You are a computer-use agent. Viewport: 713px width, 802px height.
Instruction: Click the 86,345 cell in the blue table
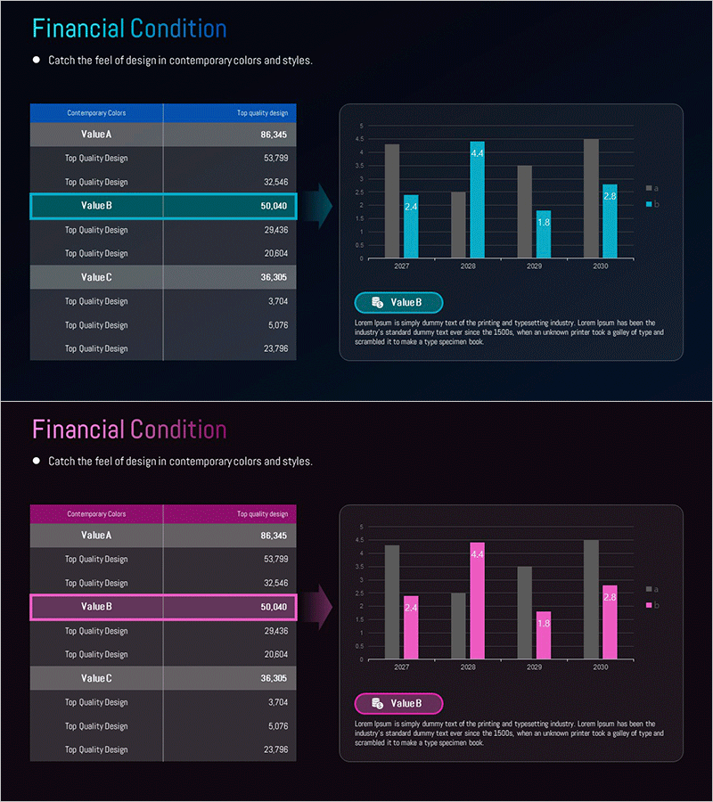click(274, 135)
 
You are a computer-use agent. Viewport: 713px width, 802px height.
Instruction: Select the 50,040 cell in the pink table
click(274, 607)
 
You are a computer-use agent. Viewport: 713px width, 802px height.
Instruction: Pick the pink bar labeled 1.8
click(543, 635)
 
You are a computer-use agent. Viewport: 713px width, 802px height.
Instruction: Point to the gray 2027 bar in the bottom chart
click(392, 602)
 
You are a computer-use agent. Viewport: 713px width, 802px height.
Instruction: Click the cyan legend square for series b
click(649, 205)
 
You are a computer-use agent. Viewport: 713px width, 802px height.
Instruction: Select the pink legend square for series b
click(649, 606)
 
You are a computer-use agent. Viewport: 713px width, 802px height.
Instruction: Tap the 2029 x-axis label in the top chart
click(535, 266)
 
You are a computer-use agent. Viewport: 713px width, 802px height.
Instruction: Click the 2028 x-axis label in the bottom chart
click(468, 667)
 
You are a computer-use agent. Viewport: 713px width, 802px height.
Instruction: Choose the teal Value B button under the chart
click(398, 303)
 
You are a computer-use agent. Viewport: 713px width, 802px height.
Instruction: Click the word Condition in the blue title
click(178, 29)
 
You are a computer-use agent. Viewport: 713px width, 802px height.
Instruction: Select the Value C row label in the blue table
click(96, 277)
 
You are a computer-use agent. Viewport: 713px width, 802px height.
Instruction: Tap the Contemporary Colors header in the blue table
click(96, 113)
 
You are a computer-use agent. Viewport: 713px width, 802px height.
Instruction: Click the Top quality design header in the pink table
click(262, 514)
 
